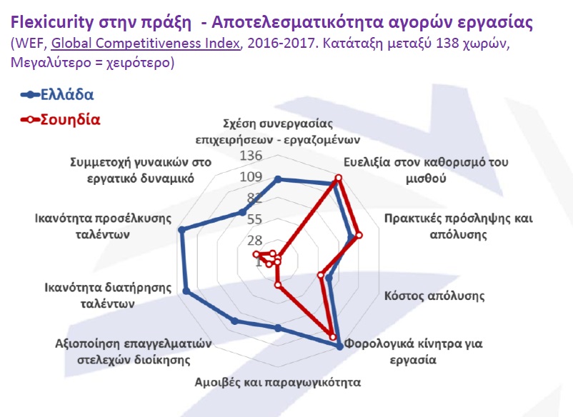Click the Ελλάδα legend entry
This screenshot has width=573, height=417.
pyautogui.click(x=57, y=94)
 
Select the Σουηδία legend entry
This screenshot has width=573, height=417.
pyautogui.click(x=60, y=119)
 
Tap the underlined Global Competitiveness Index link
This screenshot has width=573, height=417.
pyautogui.click(x=146, y=43)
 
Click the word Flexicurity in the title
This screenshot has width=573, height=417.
pyautogui.click(x=52, y=22)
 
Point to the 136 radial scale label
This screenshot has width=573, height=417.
pyautogui.click(x=251, y=156)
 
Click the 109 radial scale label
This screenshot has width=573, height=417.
pyautogui.click(x=251, y=177)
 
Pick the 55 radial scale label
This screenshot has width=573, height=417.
pyautogui.click(x=255, y=219)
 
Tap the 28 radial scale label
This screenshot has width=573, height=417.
pyautogui.click(x=255, y=240)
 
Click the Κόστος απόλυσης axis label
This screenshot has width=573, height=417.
pyautogui.click(x=434, y=296)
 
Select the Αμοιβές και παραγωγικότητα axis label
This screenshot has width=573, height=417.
pyautogui.click(x=278, y=382)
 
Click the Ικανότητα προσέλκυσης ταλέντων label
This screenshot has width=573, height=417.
pyautogui.click(x=103, y=226)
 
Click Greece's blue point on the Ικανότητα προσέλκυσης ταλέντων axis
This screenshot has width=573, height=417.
pyautogui.click(x=181, y=230)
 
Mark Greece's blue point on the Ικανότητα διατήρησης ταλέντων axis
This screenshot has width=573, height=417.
pyautogui.click(x=186, y=291)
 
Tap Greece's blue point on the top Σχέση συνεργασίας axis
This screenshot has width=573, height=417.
pyautogui.click(x=278, y=179)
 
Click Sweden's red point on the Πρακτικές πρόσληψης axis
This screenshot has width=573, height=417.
pyautogui.click(x=359, y=235)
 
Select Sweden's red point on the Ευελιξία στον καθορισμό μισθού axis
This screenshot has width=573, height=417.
pyautogui.click(x=339, y=178)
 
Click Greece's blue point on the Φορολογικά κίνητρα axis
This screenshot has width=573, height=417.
pyautogui.click(x=340, y=347)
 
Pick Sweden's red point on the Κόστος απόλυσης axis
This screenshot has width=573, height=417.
pyautogui.click(x=321, y=275)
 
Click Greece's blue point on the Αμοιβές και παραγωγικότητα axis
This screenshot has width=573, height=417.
pyautogui.click(x=278, y=328)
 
